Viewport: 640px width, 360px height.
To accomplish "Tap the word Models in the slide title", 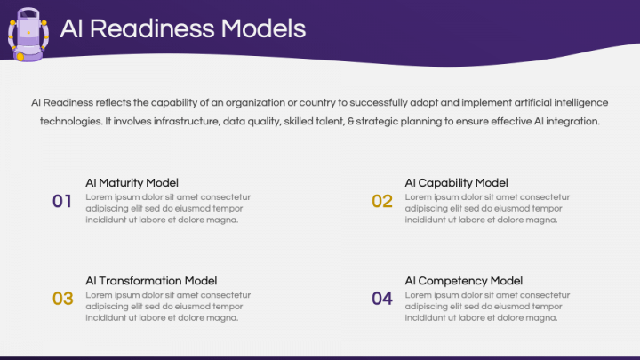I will pos(262,29).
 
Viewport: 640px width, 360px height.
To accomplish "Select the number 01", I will pos(62,201).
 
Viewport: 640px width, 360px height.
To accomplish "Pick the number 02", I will pos(382,201).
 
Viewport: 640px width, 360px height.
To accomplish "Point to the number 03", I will pos(62,299).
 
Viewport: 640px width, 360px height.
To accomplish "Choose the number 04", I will pos(382,299).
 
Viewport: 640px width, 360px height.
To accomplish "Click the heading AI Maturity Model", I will pos(132,183).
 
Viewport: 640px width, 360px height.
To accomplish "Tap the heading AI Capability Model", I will pos(456,183).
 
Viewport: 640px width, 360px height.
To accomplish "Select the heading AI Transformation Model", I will pos(151,281).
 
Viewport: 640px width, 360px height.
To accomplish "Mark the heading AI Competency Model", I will pos(463,281).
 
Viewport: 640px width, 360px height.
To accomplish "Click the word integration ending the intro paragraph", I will pos(571,121).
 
